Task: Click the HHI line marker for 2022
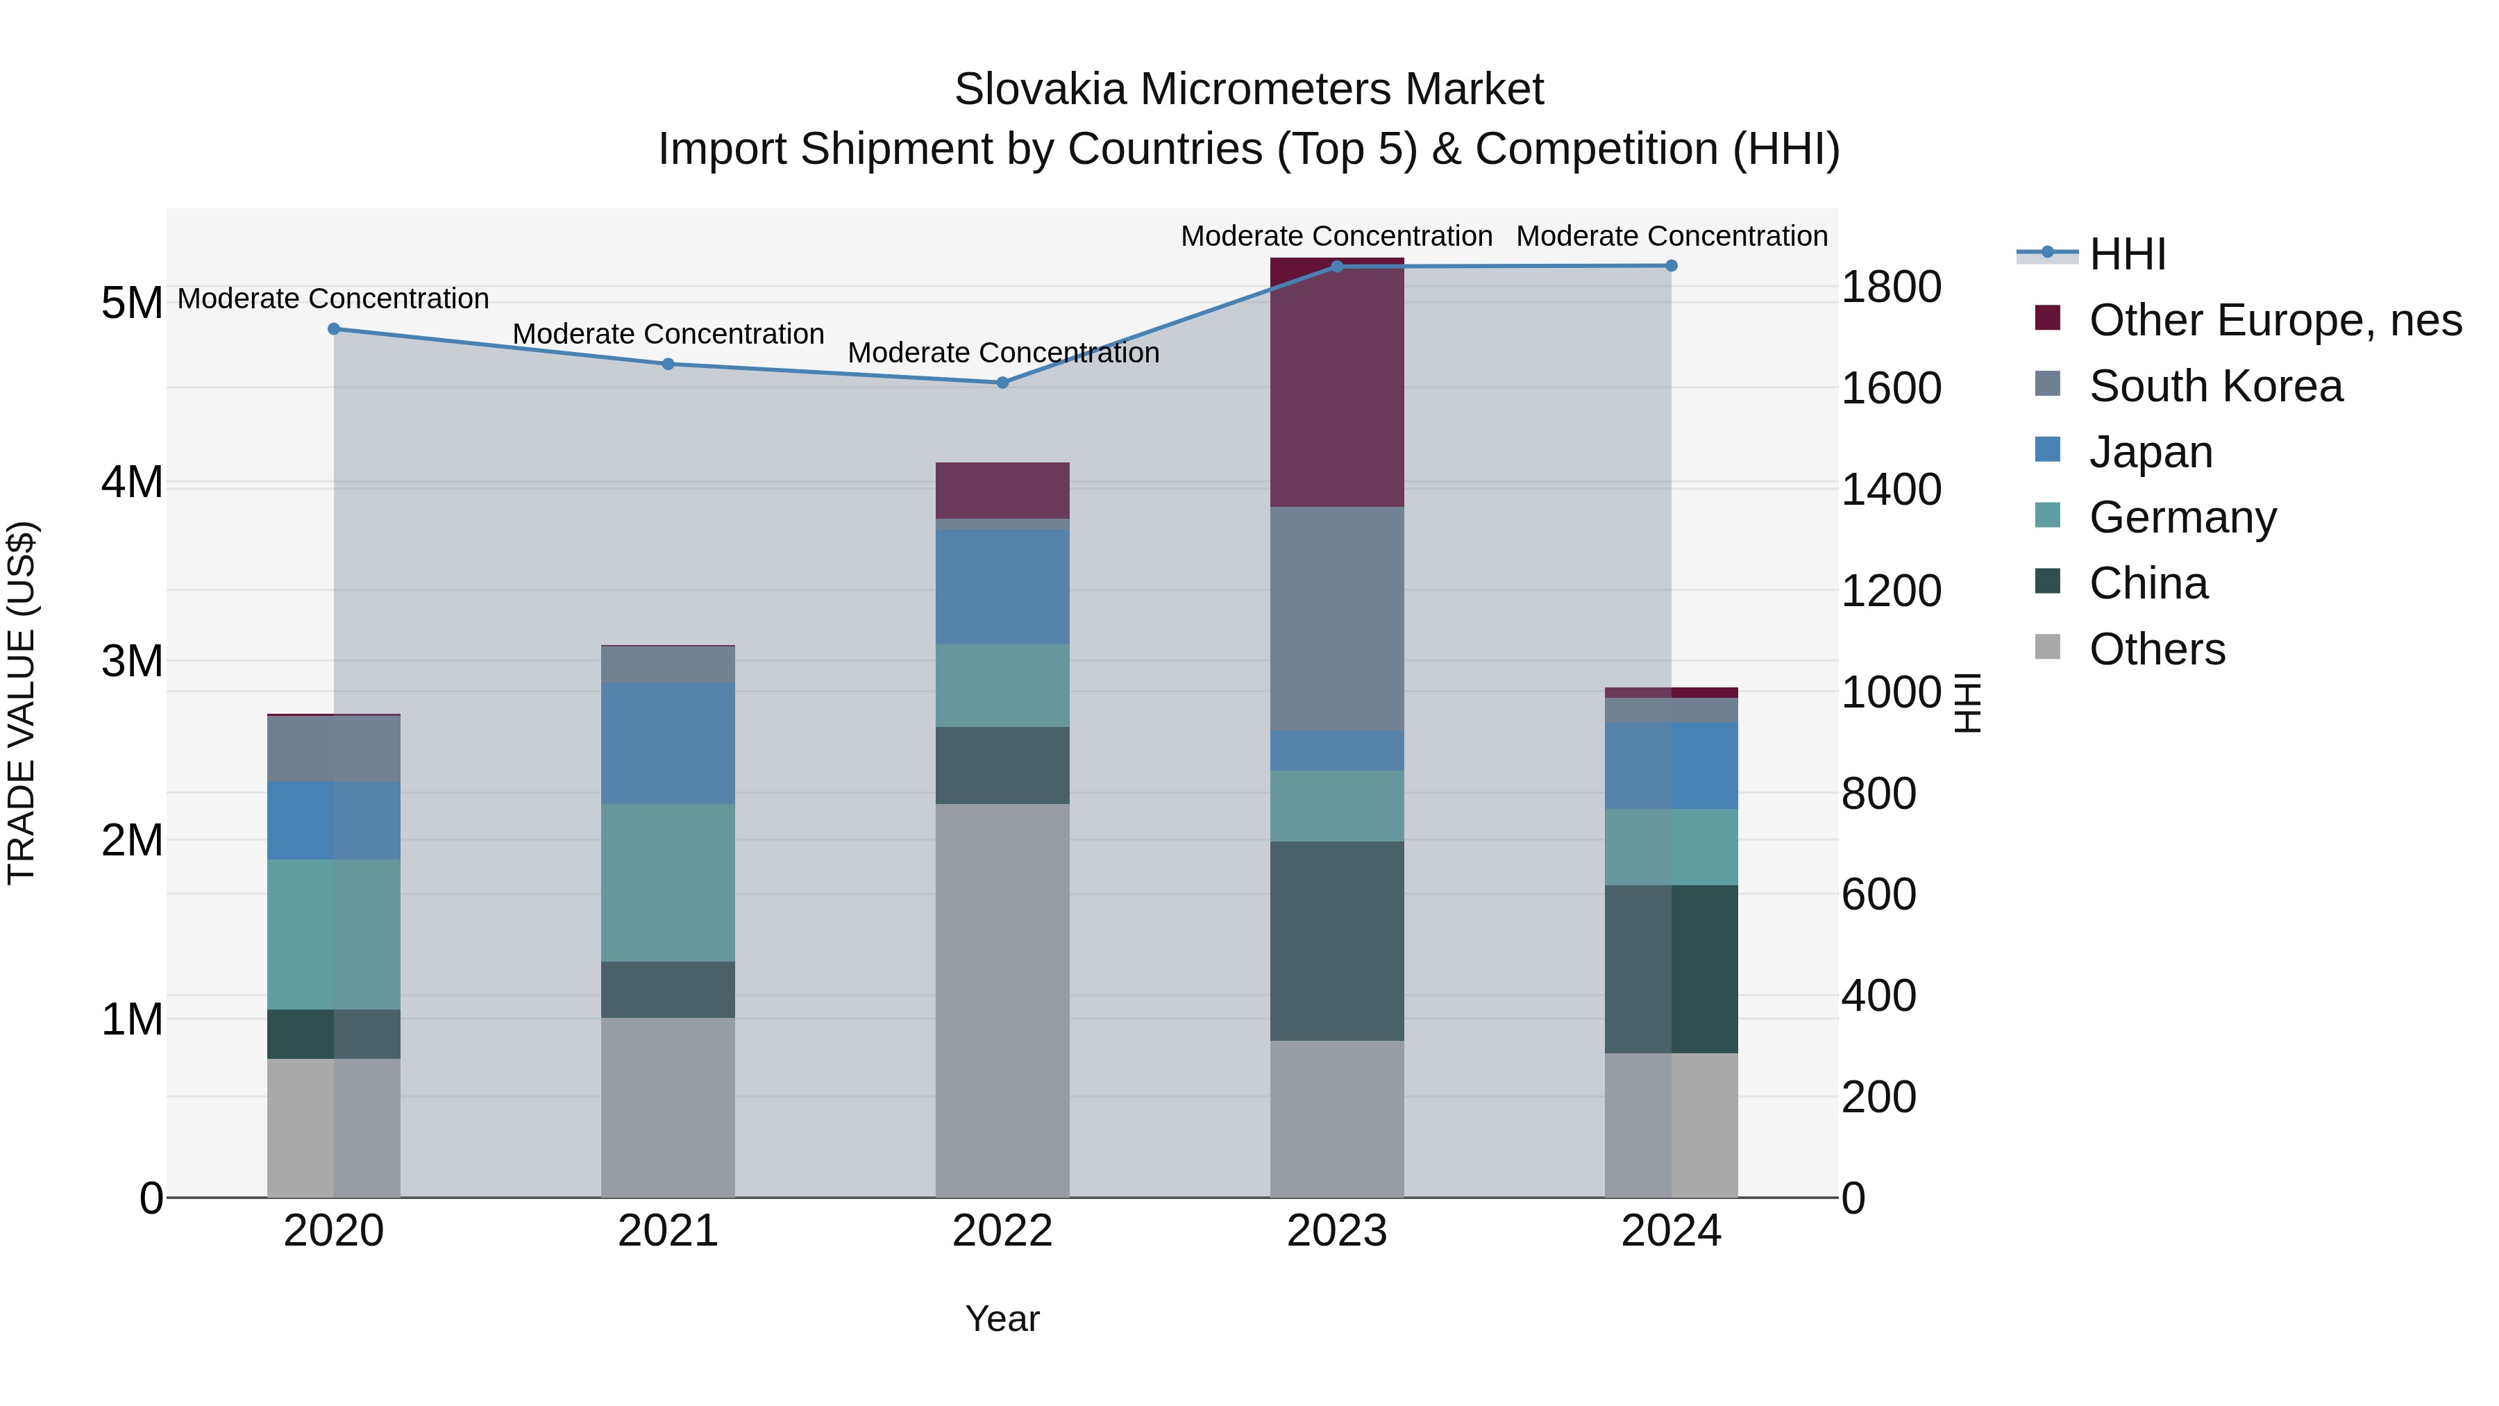click(x=1002, y=383)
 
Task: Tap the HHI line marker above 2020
click(x=334, y=329)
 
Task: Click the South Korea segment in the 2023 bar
click(x=1337, y=618)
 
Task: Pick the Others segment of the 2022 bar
click(x=1002, y=999)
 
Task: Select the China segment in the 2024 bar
click(x=1671, y=969)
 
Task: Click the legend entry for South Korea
click(x=2216, y=386)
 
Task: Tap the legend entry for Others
click(x=2157, y=649)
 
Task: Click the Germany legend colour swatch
click(x=2047, y=515)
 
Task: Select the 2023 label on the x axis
click(x=1337, y=1231)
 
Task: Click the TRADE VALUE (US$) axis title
click(x=22, y=703)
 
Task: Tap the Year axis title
click(x=1002, y=1319)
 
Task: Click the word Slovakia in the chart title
click(x=1039, y=90)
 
